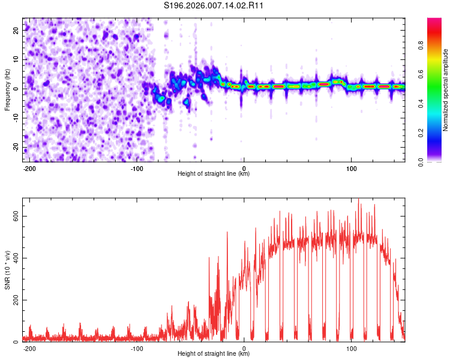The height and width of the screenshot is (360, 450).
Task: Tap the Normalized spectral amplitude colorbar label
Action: [x=445, y=90]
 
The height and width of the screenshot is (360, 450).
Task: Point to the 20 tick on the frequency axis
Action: [x=17, y=29]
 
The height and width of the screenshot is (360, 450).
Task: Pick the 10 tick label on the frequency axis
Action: [x=17, y=59]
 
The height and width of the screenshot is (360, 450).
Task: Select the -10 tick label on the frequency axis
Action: [x=16, y=118]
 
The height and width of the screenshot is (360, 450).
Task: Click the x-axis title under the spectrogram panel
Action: [x=214, y=174]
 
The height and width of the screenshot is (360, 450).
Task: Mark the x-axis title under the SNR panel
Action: [x=214, y=354]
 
